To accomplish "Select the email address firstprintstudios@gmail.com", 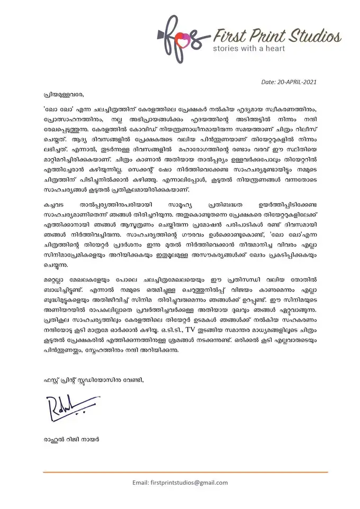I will [x=180, y=482].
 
